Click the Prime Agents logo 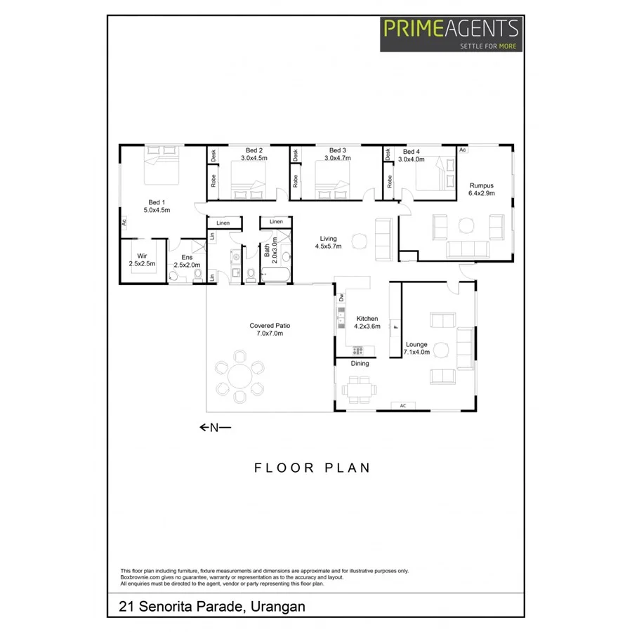[x=451, y=33]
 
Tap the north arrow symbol [x=214, y=427]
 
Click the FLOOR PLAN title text [x=312, y=468]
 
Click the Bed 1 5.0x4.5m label [x=157, y=206]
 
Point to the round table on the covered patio [x=240, y=379]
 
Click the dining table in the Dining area [x=360, y=388]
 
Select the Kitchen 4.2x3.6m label [x=367, y=322]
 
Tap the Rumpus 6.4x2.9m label [x=482, y=189]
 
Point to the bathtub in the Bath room [x=275, y=275]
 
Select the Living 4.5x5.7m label [x=328, y=243]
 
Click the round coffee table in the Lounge [x=441, y=349]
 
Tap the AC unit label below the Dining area [x=403, y=406]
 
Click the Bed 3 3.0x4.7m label [x=338, y=154]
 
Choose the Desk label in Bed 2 [x=213, y=156]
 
